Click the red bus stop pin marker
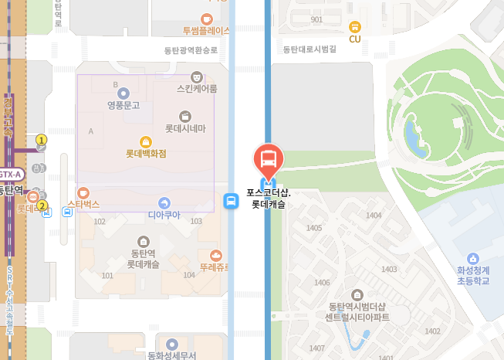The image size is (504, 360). click(x=269, y=160)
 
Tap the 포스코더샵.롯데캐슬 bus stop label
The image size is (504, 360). click(x=269, y=199)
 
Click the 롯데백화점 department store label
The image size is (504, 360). click(x=146, y=154)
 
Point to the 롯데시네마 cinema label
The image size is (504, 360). click(x=185, y=127)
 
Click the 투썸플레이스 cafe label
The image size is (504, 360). click(x=206, y=31)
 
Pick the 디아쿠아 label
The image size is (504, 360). click(x=164, y=214)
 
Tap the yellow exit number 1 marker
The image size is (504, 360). click(x=42, y=140)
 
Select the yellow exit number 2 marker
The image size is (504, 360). click(x=42, y=206)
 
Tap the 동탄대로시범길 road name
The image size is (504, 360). click(x=310, y=49)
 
